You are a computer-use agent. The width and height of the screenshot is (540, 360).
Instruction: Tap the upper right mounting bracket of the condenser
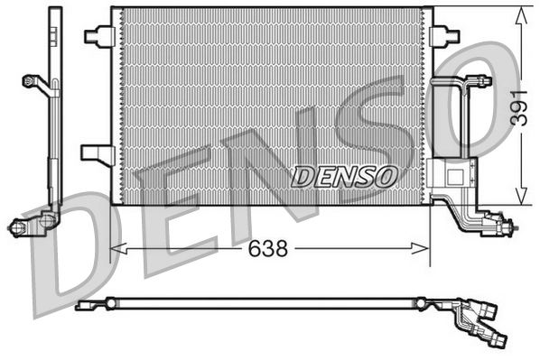[x=443, y=35]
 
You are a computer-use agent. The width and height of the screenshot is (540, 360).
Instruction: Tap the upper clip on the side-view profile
[x=37, y=81]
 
